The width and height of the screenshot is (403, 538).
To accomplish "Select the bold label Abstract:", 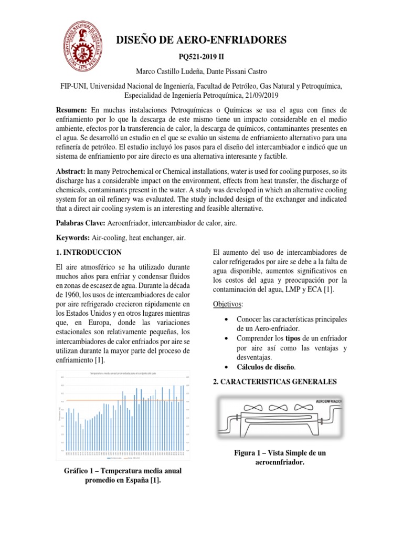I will [x=70, y=171].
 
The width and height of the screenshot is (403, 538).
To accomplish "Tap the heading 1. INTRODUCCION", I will [x=88, y=252].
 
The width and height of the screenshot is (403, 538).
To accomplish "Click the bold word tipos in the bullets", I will [x=293, y=338].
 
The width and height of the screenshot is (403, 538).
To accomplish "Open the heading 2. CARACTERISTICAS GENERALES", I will [x=275, y=381].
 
